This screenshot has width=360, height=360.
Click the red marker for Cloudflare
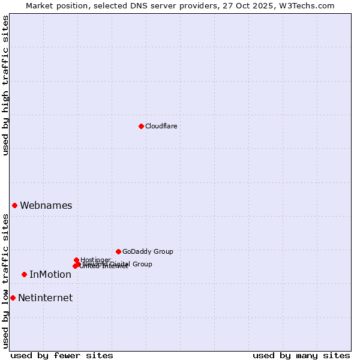click(x=141, y=126)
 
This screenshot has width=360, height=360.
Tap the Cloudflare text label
click(x=161, y=126)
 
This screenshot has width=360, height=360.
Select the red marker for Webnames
click(x=14, y=205)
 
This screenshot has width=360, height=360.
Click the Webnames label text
click(x=46, y=205)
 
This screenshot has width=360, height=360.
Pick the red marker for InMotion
click(x=24, y=274)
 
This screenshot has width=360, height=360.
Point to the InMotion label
click(x=50, y=275)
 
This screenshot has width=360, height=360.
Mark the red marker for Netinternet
click(x=13, y=298)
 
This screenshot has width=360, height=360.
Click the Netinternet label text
click(x=46, y=298)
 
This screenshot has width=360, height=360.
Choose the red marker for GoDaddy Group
click(x=118, y=251)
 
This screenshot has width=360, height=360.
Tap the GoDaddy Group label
click(x=148, y=251)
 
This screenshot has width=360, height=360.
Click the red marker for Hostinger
click(x=76, y=260)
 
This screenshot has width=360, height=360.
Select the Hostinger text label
click(x=96, y=260)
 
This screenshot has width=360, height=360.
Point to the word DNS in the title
click(x=140, y=5)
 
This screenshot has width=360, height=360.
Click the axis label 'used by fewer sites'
click(x=62, y=355)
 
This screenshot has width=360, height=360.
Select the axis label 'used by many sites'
click(x=301, y=355)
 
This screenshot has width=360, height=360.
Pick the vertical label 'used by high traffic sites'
click(x=5, y=85)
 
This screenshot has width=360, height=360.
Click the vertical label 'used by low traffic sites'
click(x=5, y=281)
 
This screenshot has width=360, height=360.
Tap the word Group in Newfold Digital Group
click(x=142, y=264)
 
